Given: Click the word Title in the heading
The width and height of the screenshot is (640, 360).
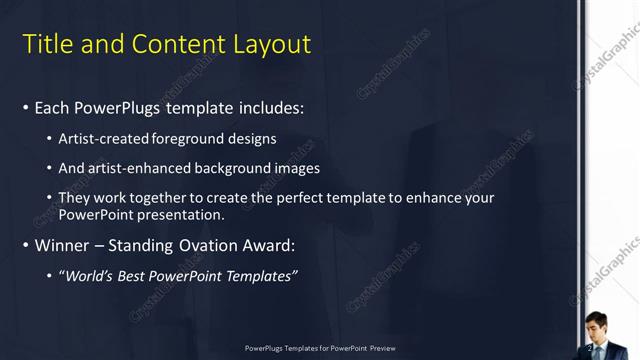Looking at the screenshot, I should [x=45, y=44].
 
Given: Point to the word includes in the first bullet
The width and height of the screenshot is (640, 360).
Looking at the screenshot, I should [x=267, y=107].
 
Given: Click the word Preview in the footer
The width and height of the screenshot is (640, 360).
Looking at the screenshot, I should [x=382, y=348].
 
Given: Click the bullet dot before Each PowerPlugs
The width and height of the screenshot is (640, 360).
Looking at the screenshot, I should [x=25, y=107].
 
